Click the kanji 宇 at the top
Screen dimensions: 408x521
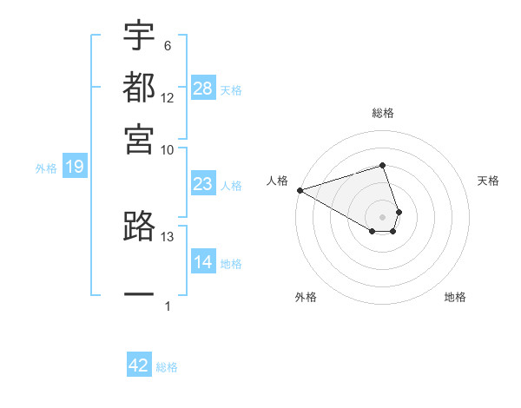pos(139,36)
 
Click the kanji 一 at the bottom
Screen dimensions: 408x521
pos(139,294)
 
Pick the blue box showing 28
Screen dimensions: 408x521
pos(203,88)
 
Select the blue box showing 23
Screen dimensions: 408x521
pos(203,184)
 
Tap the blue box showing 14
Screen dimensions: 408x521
pos(203,262)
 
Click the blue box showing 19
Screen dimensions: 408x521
pos(75,167)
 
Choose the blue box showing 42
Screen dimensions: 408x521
pos(139,365)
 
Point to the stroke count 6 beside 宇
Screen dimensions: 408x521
pos(168,45)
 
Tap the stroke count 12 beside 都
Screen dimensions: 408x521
pos(168,98)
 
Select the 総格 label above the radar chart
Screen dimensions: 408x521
pos(383,113)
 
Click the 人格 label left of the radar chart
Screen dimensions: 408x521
pos(278,181)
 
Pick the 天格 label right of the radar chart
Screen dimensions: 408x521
pos(489,181)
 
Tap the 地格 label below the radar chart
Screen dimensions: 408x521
pos(455,297)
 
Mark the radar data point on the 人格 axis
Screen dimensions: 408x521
pos(300,190)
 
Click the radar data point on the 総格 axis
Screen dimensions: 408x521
pos(383,165)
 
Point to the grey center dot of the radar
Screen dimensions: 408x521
pos(383,216)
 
